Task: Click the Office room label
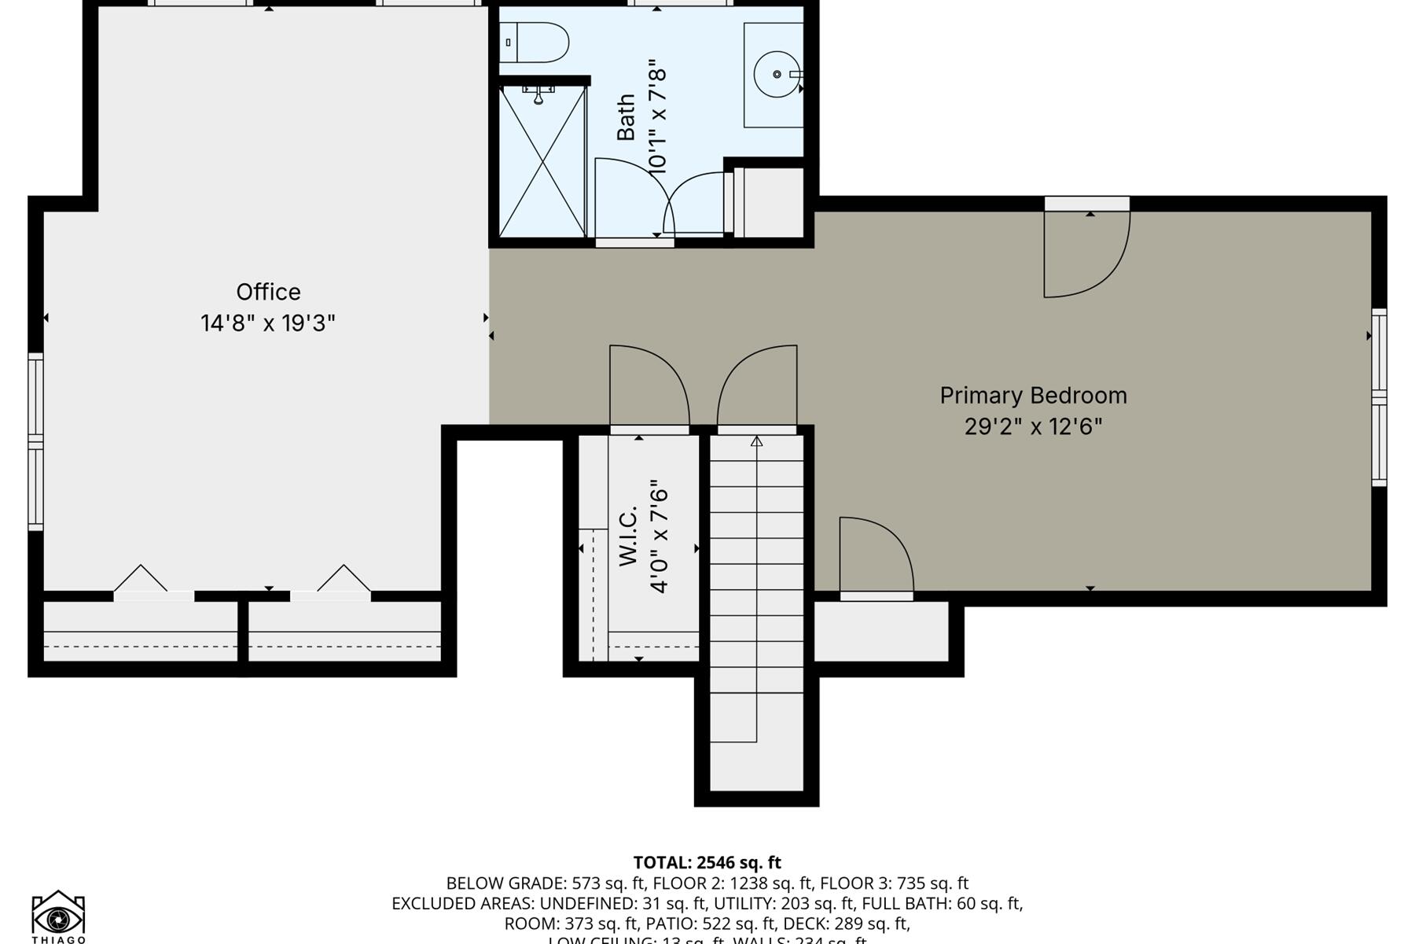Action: [x=268, y=292]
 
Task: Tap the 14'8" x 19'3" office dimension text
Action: [x=268, y=323]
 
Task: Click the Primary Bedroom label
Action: [x=1033, y=395]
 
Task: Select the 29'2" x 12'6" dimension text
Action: [x=1033, y=426]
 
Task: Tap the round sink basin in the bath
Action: [x=777, y=74]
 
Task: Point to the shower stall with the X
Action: [x=542, y=162]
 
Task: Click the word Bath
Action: [x=626, y=117]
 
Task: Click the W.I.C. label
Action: [x=627, y=536]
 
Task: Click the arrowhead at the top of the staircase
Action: [x=756, y=442]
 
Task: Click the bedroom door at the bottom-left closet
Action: [x=875, y=555]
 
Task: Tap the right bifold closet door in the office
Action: [x=344, y=579]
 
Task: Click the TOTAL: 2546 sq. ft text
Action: [x=707, y=862]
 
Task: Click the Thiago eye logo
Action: [x=58, y=916]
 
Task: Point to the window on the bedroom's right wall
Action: [x=1379, y=397]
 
